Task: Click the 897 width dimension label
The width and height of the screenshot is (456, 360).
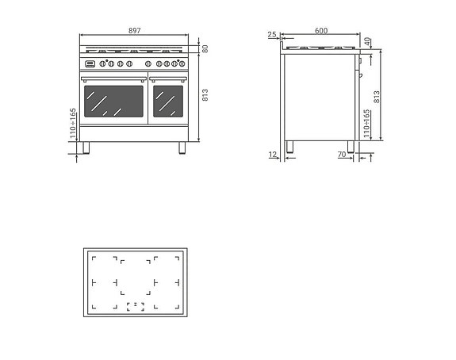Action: coord(134,31)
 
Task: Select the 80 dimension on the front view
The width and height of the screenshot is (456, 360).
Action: coord(205,48)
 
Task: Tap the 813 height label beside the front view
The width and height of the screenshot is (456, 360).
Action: coord(205,95)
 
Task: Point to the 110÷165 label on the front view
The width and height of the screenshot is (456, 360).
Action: coord(73,124)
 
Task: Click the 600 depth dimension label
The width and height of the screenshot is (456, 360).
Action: coord(321,31)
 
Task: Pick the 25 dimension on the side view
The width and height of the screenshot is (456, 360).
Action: coord(272,35)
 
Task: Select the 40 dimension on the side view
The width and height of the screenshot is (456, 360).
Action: coord(367,40)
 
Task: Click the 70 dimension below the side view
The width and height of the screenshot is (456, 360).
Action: coord(341,155)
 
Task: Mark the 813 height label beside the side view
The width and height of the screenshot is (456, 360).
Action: coord(377,97)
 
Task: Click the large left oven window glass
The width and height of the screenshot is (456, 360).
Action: coord(113,101)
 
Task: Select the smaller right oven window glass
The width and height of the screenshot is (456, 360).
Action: coord(167,101)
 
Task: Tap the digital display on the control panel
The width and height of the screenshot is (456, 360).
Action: coord(90,63)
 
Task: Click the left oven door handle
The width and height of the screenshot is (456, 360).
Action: coord(113,78)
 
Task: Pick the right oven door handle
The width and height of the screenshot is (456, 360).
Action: coord(167,78)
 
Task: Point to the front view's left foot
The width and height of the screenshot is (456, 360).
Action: coord(86,147)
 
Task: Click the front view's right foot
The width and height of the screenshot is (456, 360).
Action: coord(182,147)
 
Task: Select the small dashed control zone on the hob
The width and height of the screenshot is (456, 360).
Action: coord(136,306)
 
